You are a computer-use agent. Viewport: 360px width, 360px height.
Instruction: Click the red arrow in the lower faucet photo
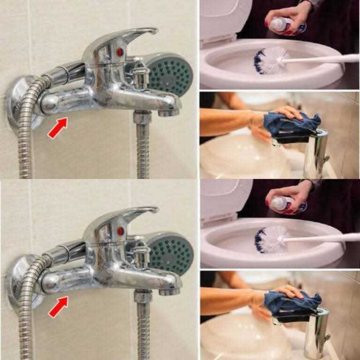[x=58, y=307]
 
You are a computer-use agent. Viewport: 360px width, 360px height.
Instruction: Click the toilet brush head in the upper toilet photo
[x=270, y=60]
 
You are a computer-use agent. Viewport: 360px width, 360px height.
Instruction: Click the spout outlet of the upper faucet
[x=169, y=112]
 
